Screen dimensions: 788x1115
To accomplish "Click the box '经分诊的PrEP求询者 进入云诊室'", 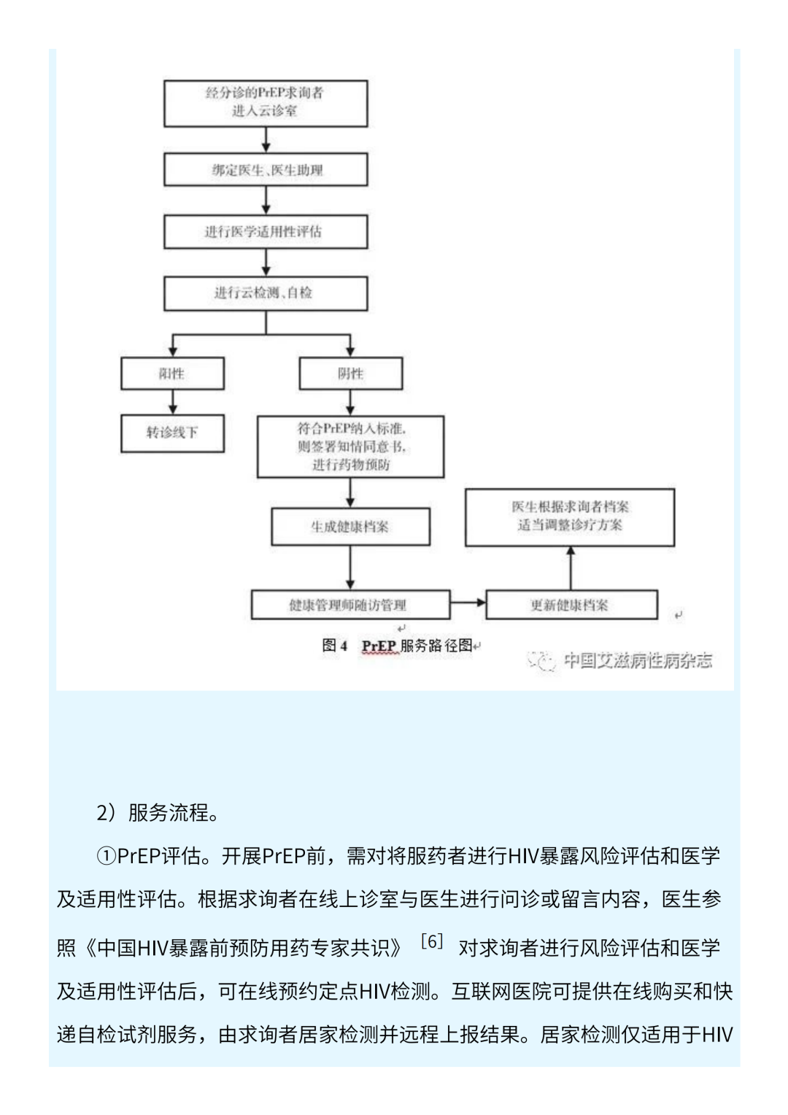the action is point(266,103).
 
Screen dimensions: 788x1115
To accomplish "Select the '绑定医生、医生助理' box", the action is point(266,170).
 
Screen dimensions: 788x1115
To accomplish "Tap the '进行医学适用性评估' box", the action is point(266,231).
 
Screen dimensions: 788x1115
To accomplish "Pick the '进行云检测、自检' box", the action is point(266,293).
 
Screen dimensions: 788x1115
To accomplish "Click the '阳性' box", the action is point(172,374).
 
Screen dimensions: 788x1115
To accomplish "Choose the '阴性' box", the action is point(350,374).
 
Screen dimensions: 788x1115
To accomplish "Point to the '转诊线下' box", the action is point(172,433).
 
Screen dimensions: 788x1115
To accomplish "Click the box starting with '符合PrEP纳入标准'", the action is point(350,447).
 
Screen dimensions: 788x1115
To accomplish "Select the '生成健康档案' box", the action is point(350,526).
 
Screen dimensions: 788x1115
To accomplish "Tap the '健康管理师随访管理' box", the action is point(350,604).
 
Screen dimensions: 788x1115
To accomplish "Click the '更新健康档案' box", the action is point(571,604).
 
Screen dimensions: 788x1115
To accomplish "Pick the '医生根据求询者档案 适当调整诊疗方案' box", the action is point(570,517).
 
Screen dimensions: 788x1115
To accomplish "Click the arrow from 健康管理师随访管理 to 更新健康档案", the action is point(468,603).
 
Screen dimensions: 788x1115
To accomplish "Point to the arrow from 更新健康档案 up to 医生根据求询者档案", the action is point(571,568).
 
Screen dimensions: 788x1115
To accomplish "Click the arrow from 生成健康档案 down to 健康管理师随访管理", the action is point(350,567).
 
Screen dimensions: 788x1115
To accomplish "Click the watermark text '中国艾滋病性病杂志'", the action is point(637,660).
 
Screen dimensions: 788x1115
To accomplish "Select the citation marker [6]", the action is point(432,941).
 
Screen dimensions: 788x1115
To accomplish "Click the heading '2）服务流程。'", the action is point(158,812).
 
